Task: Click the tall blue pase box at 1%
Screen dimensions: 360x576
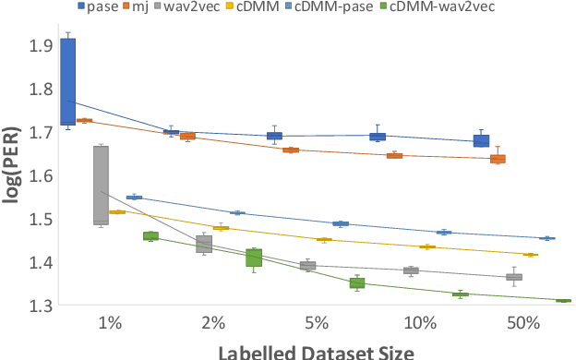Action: click(67, 81)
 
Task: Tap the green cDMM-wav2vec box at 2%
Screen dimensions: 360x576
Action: click(254, 258)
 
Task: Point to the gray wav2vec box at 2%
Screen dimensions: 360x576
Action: click(204, 244)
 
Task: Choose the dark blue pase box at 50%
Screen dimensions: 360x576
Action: click(481, 140)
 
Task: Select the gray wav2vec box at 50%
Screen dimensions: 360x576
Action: click(514, 277)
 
